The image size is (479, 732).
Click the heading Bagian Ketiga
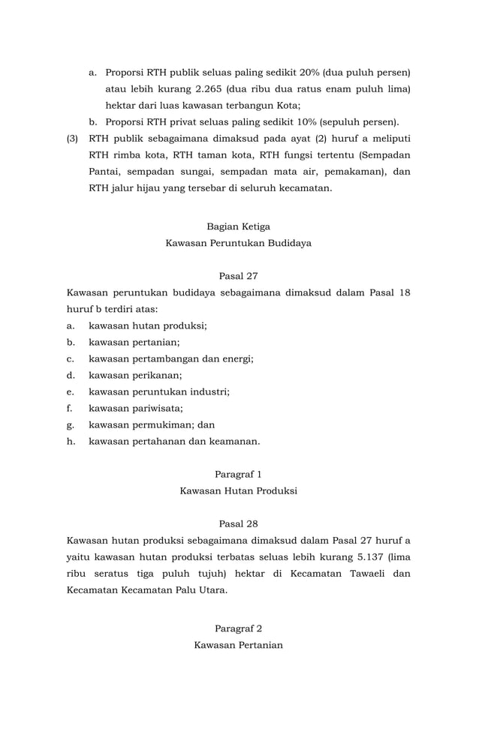tap(239, 226)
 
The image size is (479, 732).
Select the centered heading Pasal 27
tap(239, 276)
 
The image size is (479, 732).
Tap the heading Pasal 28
tap(239, 523)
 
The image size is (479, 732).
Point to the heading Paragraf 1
tap(239, 474)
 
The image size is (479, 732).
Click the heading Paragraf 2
tap(239, 628)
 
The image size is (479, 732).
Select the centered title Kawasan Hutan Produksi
tap(239, 491)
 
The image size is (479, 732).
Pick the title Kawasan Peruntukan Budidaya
tap(239, 244)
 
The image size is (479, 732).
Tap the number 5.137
tap(371, 556)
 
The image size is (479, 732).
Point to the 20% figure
tap(309, 73)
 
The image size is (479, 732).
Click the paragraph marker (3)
tap(73, 139)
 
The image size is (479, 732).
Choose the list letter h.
tap(71, 442)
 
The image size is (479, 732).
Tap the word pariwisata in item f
tap(158, 409)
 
